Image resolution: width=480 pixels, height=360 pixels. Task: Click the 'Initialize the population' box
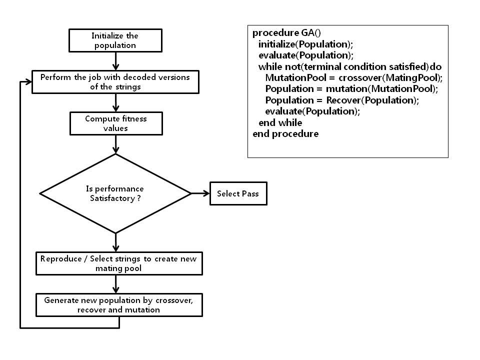click(x=115, y=40)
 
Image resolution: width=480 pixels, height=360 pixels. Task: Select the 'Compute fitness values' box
click(x=116, y=123)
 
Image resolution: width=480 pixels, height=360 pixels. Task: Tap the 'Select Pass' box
click(x=238, y=193)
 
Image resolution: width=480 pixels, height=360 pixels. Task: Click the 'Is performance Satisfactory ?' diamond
click(x=115, y=193)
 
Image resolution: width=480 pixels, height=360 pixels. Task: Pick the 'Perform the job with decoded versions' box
click(x=115, y=82)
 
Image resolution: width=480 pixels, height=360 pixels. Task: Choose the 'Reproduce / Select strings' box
click(x=119, y=263)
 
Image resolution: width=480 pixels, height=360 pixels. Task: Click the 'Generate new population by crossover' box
click(x=119, y=305)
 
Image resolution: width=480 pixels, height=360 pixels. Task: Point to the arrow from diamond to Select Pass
click(x=200, y=193)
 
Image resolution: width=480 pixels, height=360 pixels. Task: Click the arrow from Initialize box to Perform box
click(x=115, y=61)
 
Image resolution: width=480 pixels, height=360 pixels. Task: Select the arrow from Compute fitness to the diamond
click(x=115, y=144)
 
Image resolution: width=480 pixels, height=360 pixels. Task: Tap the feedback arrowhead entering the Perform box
click(x=28, y=81)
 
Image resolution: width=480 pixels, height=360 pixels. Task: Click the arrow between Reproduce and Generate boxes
click(x=115, y=284)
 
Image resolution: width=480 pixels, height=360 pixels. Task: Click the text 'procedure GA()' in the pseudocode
click(x=286, y=33)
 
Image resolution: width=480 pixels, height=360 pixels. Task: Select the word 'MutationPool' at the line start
click(x=295, y=78)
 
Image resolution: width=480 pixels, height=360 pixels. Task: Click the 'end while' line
click(x=280, y=123)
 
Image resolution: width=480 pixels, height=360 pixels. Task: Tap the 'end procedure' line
click(x=285, y=134)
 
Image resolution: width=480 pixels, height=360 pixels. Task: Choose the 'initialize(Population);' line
click(x=306, y=44)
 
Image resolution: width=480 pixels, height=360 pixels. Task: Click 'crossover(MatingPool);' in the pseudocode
click(x=390, y=78)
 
